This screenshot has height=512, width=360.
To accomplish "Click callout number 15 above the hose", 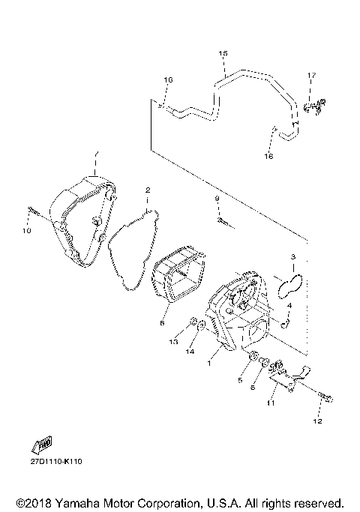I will (x=222, y=54).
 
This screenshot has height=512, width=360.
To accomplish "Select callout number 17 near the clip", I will (x=311, y=76).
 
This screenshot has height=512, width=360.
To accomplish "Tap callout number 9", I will (x=216, y=199).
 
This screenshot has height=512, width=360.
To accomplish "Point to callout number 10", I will (x=26, y=231).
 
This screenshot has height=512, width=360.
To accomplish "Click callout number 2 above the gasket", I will (x=148, y=190).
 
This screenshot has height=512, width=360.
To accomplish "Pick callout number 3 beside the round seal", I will (x=293, y=256).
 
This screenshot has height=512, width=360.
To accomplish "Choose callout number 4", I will (x=289, y=305).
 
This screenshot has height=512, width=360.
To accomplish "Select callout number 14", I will (x=190, y=351).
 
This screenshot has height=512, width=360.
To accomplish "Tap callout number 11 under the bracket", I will (x=271, y=403).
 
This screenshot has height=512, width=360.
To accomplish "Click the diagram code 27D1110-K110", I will (x=57, y=461).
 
